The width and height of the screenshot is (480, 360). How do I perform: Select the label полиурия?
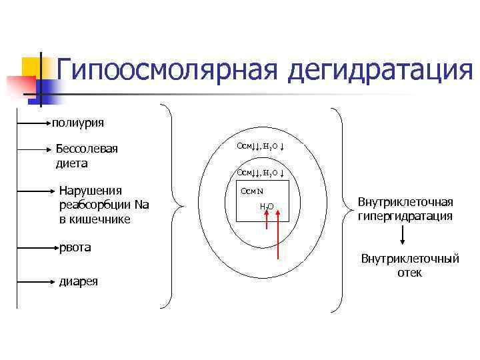pos(78,122)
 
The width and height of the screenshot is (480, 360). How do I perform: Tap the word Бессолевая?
pos(87,149)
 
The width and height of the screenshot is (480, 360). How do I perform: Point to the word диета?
pos(72,163)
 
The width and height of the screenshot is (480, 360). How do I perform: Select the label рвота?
pos(75,247)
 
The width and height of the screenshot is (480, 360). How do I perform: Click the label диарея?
pos(79,281)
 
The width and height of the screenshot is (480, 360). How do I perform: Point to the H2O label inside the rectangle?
pos(267,206)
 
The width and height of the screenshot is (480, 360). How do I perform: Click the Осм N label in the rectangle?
pos(253,191)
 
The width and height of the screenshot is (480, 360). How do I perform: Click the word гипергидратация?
pos(405,216)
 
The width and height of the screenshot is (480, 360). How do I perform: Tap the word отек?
pos(409,272)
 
